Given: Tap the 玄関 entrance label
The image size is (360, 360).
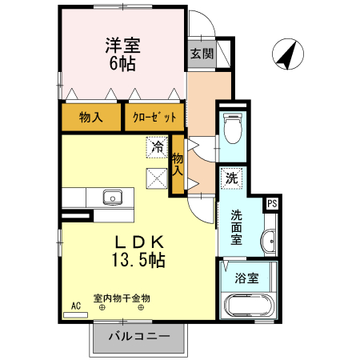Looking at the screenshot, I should pos(202,54).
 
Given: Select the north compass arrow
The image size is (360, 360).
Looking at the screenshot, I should pos(286,54).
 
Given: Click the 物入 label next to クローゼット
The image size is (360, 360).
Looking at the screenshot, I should pos(90,118).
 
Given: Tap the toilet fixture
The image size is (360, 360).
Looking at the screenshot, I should pos(232,127).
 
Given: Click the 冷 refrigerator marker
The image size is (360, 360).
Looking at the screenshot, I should pos(158,148).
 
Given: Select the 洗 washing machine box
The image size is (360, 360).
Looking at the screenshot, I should pos(231,179).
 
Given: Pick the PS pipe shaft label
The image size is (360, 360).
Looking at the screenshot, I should pos(271,203).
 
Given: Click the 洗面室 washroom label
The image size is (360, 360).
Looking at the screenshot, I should pos(238,226).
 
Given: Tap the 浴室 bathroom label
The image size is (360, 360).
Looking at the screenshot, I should pos(246,279).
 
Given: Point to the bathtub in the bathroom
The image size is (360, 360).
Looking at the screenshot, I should pos(249,306).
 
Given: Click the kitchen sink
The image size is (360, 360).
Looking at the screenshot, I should pos(111,197).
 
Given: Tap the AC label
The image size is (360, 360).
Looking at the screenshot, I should pos(77,305).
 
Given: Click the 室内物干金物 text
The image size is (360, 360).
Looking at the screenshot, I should pos(122,298).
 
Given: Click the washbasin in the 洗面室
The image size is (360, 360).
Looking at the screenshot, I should pos(270,240).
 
